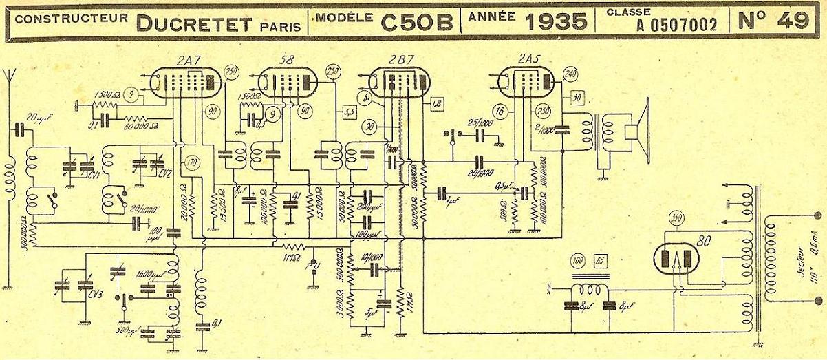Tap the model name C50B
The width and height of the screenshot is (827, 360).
(x=417, y=22)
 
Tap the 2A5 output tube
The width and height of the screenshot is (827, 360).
(x=528, y=82)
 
